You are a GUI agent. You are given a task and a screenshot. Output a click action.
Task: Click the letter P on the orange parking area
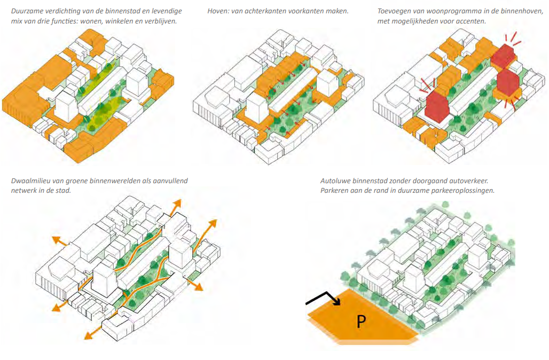pyautogui.click(x=362, y=321)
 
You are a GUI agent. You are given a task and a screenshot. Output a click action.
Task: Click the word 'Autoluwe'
pyautogui.click(x=336, y=181)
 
